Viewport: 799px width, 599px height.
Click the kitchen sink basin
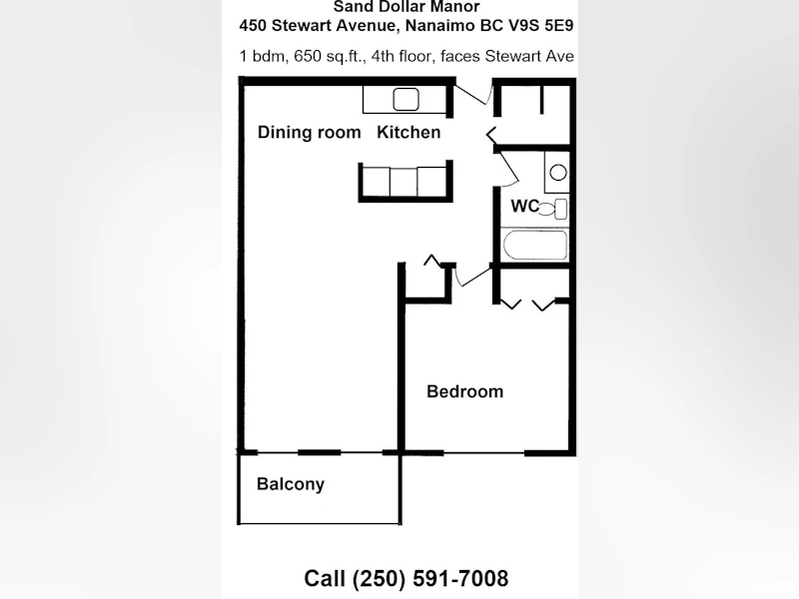click(x=406, y=99)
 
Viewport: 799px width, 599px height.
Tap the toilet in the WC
click(x=554, y=209)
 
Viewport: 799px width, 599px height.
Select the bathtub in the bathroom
click(x=535, y=245)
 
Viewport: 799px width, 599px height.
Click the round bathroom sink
click(x=558, y=173)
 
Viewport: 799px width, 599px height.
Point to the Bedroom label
click(x=464, y=391)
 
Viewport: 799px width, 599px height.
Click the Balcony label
click(x=291, y=484)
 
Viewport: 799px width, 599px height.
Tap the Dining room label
click(x=310, y=132)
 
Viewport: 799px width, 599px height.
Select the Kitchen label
click(x=408, y=132)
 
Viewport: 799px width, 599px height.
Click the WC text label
click(x=525, y=206)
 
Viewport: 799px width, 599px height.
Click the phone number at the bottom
click(x=406, y=578)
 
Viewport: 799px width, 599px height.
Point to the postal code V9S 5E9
click(x=541, y=26)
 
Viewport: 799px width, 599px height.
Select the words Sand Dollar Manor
click(x=406, y=7)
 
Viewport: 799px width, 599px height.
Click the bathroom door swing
click(x=508, y=167)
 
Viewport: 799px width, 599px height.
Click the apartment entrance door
click(x=473, y=94)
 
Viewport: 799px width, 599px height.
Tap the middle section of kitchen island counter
click(x=403, y=182)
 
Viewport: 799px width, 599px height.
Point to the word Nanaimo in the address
click(x=440, y=26)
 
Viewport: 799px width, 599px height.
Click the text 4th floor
click(x=401, y=56)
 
